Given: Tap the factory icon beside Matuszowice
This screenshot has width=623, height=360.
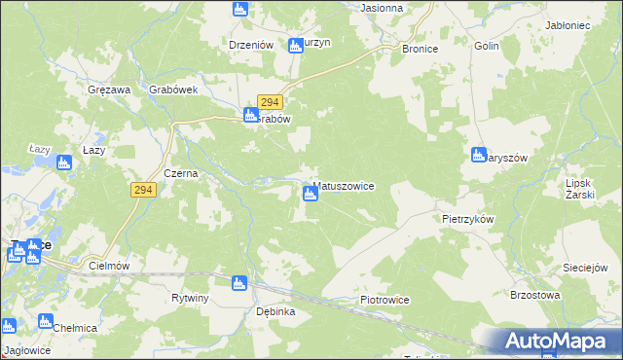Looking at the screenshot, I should [x=311, y=194].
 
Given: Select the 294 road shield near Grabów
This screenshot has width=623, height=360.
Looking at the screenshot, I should [x=270, y=102].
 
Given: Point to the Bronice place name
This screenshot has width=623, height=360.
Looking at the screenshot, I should [x=420, y=48].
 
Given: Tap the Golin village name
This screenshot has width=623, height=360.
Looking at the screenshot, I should [x=486, y=46].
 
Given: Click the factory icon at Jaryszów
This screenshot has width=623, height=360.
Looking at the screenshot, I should [x=479, y=154].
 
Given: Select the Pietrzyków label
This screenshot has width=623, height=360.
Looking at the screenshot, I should [x=467, y=220].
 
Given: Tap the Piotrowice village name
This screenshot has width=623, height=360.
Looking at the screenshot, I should [x=384, y=300].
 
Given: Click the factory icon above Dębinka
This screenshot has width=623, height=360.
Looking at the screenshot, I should [x=238, y=283].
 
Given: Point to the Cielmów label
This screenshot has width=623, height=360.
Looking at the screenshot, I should [x=109, y=265].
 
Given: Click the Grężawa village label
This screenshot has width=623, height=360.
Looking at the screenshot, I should [x=108, y=90].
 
